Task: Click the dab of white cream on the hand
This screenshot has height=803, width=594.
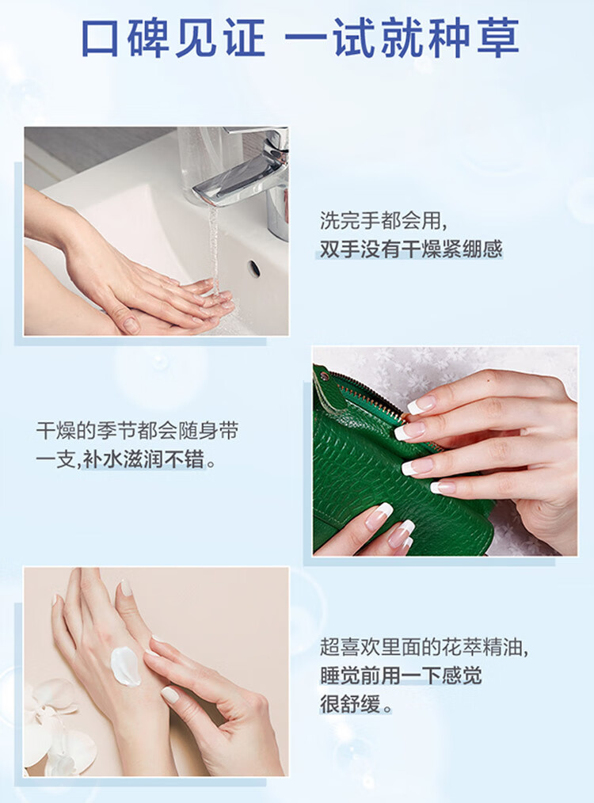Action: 125,666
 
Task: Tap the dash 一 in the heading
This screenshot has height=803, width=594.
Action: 304,39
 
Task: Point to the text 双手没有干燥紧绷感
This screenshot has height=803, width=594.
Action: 411,249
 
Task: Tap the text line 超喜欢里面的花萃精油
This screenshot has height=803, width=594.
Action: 425,647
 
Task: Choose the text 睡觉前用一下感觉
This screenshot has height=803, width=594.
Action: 401,676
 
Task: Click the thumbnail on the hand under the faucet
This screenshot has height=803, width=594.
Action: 131,325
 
